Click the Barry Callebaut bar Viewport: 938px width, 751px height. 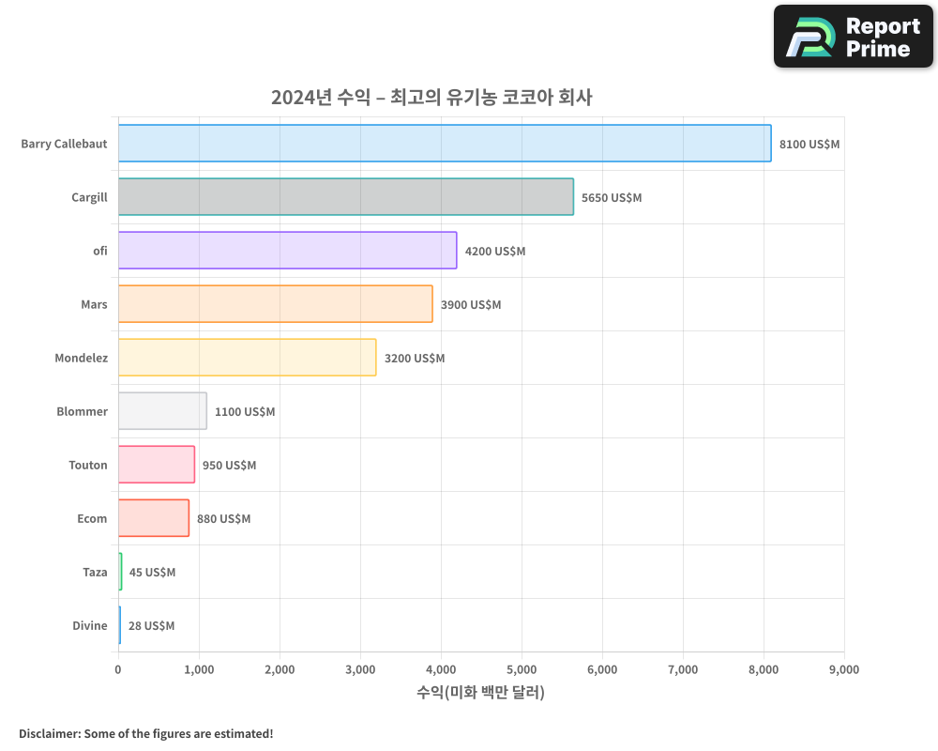445,144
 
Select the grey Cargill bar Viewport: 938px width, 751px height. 345,197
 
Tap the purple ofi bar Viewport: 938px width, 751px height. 287,251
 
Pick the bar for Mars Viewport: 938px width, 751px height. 275,304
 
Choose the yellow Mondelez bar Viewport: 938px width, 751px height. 247,358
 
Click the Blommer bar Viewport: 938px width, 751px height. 162,411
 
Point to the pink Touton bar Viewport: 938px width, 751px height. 156,465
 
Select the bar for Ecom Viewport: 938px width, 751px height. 153,518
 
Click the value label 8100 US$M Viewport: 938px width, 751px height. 809,145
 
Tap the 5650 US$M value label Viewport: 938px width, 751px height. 612,198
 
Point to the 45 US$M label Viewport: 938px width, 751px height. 152,573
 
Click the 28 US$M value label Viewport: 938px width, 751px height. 151,626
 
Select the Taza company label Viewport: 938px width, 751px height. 95,572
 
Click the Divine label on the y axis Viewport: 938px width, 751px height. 90,625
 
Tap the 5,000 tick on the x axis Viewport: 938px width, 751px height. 521,669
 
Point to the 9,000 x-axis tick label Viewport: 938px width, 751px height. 843,669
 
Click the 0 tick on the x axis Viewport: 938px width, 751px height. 118,669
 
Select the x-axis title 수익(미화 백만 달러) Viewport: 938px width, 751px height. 480,693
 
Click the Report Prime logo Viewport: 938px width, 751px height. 853,37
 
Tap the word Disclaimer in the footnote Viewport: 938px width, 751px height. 49,733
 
